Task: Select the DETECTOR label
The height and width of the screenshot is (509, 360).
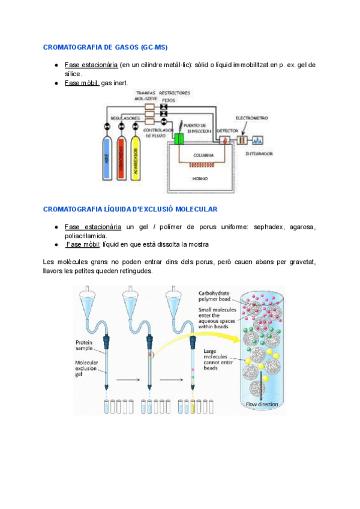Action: (227, 130)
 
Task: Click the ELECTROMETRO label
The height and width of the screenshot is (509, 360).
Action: (251, 118)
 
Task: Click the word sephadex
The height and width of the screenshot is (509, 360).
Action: (269, 227)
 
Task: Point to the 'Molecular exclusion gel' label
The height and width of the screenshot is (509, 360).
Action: (87, 369)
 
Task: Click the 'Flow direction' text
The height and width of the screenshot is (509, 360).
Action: (262, 405)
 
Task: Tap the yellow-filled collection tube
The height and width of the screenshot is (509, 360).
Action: (193, 407)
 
